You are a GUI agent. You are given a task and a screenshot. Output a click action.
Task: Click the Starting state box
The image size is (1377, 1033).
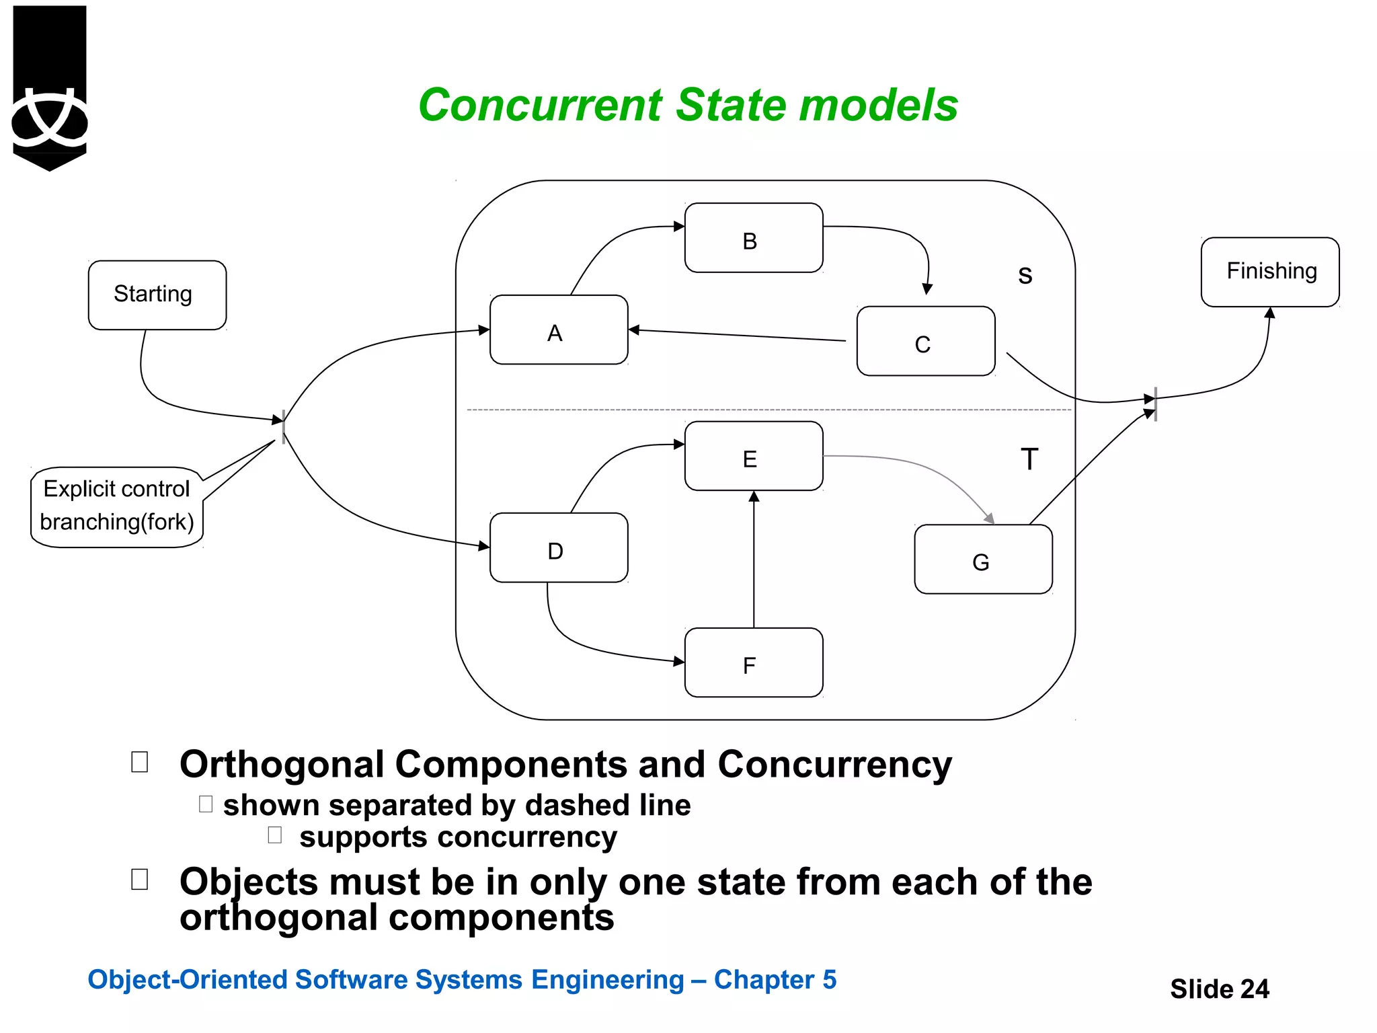[x=157, y=295]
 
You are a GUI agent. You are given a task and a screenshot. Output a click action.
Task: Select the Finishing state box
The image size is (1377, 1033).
[x=1269, y=272]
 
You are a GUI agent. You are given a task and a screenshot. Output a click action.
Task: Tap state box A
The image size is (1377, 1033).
[x=558, y=330]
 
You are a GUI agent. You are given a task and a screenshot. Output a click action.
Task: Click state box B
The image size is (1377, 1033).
[x=753, y=238]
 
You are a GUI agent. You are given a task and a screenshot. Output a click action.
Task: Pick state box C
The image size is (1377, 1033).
[x=925, y=342]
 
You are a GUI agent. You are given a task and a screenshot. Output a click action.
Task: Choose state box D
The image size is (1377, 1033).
[x=558, y=548]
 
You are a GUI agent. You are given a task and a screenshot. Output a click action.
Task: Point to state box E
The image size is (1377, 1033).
[x=753, y=457]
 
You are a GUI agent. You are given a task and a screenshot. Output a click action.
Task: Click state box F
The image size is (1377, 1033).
[x=753, y=663]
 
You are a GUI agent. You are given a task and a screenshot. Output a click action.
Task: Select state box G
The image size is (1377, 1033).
[x=983, y=560]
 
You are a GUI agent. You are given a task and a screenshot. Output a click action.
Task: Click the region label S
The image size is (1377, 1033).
[x=1025, y=275]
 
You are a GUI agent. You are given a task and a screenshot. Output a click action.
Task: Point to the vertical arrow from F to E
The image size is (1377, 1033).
[x=754, y=558]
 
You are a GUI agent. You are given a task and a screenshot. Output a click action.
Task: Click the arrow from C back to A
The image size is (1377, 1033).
[x=740, y=335]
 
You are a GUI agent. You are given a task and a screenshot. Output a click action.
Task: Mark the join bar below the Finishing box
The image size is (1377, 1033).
[x=1155, y=404]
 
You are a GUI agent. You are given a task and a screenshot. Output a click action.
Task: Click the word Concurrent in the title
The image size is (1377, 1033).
[x=540, y=106]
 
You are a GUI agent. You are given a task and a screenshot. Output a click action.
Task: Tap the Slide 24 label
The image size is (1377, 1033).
[x=1219, y=989]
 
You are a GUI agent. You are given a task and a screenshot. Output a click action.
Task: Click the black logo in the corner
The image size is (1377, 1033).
[x=50, y=87]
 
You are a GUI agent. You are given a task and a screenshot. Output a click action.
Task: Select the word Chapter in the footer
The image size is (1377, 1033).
[x=764, y=980]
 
